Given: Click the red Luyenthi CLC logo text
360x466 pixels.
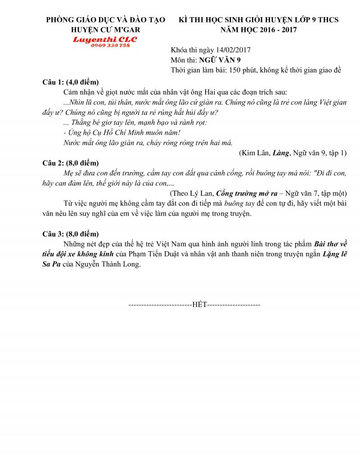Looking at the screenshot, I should click(105, 39).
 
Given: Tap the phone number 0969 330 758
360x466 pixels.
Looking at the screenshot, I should click(110, 46).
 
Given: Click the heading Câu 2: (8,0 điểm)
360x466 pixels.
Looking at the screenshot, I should click(70, 163).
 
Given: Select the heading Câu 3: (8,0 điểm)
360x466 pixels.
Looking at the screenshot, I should click(70, 234).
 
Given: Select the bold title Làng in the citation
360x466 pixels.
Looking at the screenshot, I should click(281, 153).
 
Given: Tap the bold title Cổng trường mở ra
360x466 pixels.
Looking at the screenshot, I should click(247, 193).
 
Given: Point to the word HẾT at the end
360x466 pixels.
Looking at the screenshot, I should click(199, 305).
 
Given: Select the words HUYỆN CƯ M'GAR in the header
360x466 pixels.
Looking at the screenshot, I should click(106, 30).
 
